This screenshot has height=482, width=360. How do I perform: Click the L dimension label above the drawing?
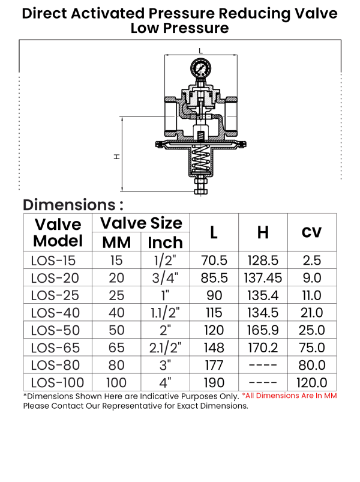coord(200,50)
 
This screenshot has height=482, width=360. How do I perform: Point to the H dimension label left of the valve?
coord(117,157)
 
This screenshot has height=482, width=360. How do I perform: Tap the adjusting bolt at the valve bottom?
coord(201,186)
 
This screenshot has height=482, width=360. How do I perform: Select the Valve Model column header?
coord(58,232)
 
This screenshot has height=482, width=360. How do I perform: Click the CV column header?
coord(311,232)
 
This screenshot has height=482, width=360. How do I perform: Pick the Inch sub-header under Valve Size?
coord(165,243)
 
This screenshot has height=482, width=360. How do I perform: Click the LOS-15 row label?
coord(53,261)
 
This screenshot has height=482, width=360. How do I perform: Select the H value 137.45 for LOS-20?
coord(263,278)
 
